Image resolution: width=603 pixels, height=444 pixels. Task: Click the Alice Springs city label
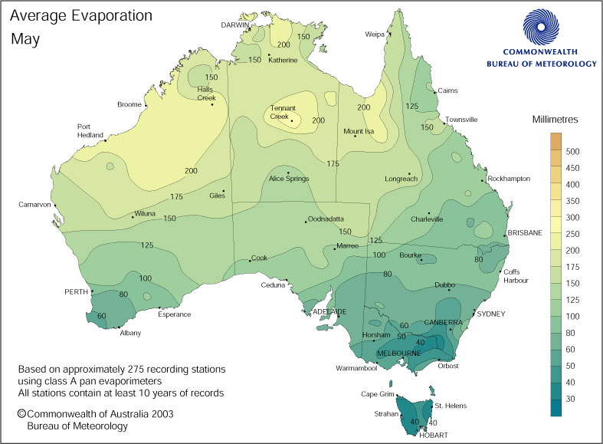coord(287,179)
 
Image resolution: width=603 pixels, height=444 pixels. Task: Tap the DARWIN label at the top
coord(236,25)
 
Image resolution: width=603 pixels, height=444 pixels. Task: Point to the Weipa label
coord(375,35)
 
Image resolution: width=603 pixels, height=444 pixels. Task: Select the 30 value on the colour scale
coord(572,399)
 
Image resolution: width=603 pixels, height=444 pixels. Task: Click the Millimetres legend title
coord(559,120)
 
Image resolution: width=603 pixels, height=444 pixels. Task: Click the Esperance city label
coord(174,314)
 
